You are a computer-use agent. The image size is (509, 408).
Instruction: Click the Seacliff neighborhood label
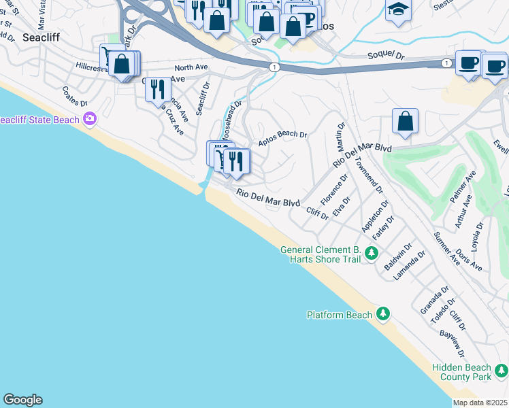tap(41, 38)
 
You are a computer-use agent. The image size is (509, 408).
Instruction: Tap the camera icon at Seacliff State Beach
tap(90, 120)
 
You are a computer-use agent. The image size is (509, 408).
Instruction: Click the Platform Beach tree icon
tap(384, 313)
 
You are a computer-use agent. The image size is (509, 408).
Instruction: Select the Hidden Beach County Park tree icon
tap(502, 371)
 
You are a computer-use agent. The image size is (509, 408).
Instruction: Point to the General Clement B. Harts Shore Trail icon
tap(371, 254)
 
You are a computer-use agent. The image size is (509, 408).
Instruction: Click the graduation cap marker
tap(398, 10)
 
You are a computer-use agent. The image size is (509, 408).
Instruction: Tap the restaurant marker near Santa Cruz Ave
tap(158, 88)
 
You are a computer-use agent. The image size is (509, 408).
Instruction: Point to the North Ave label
tap(190, 67)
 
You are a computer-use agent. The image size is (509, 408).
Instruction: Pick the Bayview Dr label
tap(452, 343)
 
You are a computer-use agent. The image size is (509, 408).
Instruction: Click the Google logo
tap(22, 399)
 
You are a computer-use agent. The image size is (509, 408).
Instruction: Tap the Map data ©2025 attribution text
tap(480, 403)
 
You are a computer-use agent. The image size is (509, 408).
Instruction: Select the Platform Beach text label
tap(340, 315)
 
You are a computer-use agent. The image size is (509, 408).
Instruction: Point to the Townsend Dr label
tap(371, 177)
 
